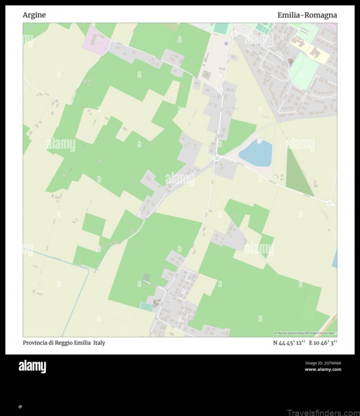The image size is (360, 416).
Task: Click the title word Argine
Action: pyautogui.click(x=34, y=15)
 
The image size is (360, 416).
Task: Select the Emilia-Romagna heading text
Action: pyautogui.click(x=307, y=15)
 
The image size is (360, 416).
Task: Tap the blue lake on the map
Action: pyautogui.click(x=256, y=153)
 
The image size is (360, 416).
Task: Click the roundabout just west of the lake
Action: pyautogui.click(x=217, y=158)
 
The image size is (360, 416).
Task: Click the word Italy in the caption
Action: pyautogui.click(x=99, y=343)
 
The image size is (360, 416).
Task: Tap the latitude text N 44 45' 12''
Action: pyautogui.click(x=289, y=343)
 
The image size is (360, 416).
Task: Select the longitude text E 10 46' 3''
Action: pyautogui.click(x=324, y=343)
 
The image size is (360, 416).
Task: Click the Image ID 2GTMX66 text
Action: pyautogui.click(x=323, y=363)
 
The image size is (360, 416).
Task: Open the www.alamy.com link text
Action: pyautogui.click(x=323, y=370)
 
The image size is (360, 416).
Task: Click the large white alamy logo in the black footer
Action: pyautogui.click(x=32, y=367)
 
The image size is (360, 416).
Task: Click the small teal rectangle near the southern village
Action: pyautogui.click(x=146, y=307)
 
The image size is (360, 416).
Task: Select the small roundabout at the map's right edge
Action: pyautogui.click(x=329, y=203)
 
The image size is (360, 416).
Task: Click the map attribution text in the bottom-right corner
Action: pyautogui.click(x=306, y=333)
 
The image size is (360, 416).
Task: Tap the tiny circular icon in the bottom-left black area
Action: pyautogui.click(x=20, y=407)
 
